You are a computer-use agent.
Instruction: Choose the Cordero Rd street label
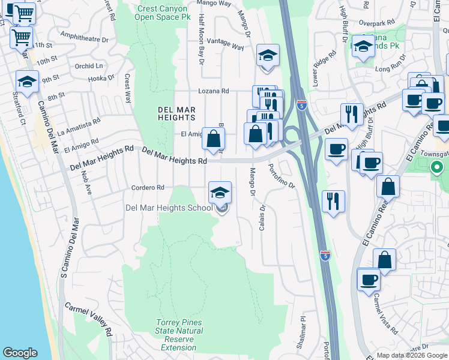coord(148,188)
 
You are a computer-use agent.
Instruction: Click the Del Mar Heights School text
coord(169,208)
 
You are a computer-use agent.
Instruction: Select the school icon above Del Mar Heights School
coord(220,193)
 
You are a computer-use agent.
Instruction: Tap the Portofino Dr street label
coord(282,176)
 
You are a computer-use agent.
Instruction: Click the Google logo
coord(19,353)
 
